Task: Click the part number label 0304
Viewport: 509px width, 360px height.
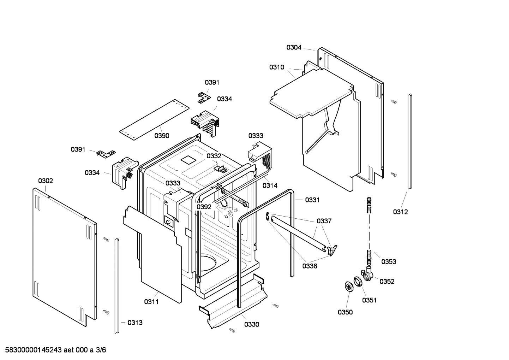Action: [294, 47]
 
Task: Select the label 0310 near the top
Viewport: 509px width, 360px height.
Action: [277, 67]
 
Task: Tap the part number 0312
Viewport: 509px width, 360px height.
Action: [400, 212]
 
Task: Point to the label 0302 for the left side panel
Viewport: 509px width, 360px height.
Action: [46, 181]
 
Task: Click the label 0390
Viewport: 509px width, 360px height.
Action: [162, 136]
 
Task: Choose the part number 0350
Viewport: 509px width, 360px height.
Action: [345, 312]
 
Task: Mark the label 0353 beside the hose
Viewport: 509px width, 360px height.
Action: [389, 262]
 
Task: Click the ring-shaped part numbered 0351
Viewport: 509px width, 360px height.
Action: [358, 282]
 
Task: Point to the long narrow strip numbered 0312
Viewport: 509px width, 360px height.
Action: [409, 141]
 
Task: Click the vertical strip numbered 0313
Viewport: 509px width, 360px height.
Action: [116, 286]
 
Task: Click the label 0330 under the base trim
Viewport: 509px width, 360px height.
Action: [251, 324]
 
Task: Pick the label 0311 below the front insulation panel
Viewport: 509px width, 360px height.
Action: [151, 302]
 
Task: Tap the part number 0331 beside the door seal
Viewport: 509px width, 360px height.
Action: [312, 200]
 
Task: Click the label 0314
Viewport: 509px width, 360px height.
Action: [270, 185]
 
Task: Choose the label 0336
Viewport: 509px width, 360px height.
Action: [309, 266]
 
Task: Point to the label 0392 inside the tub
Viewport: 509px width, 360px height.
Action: [204, 207]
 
